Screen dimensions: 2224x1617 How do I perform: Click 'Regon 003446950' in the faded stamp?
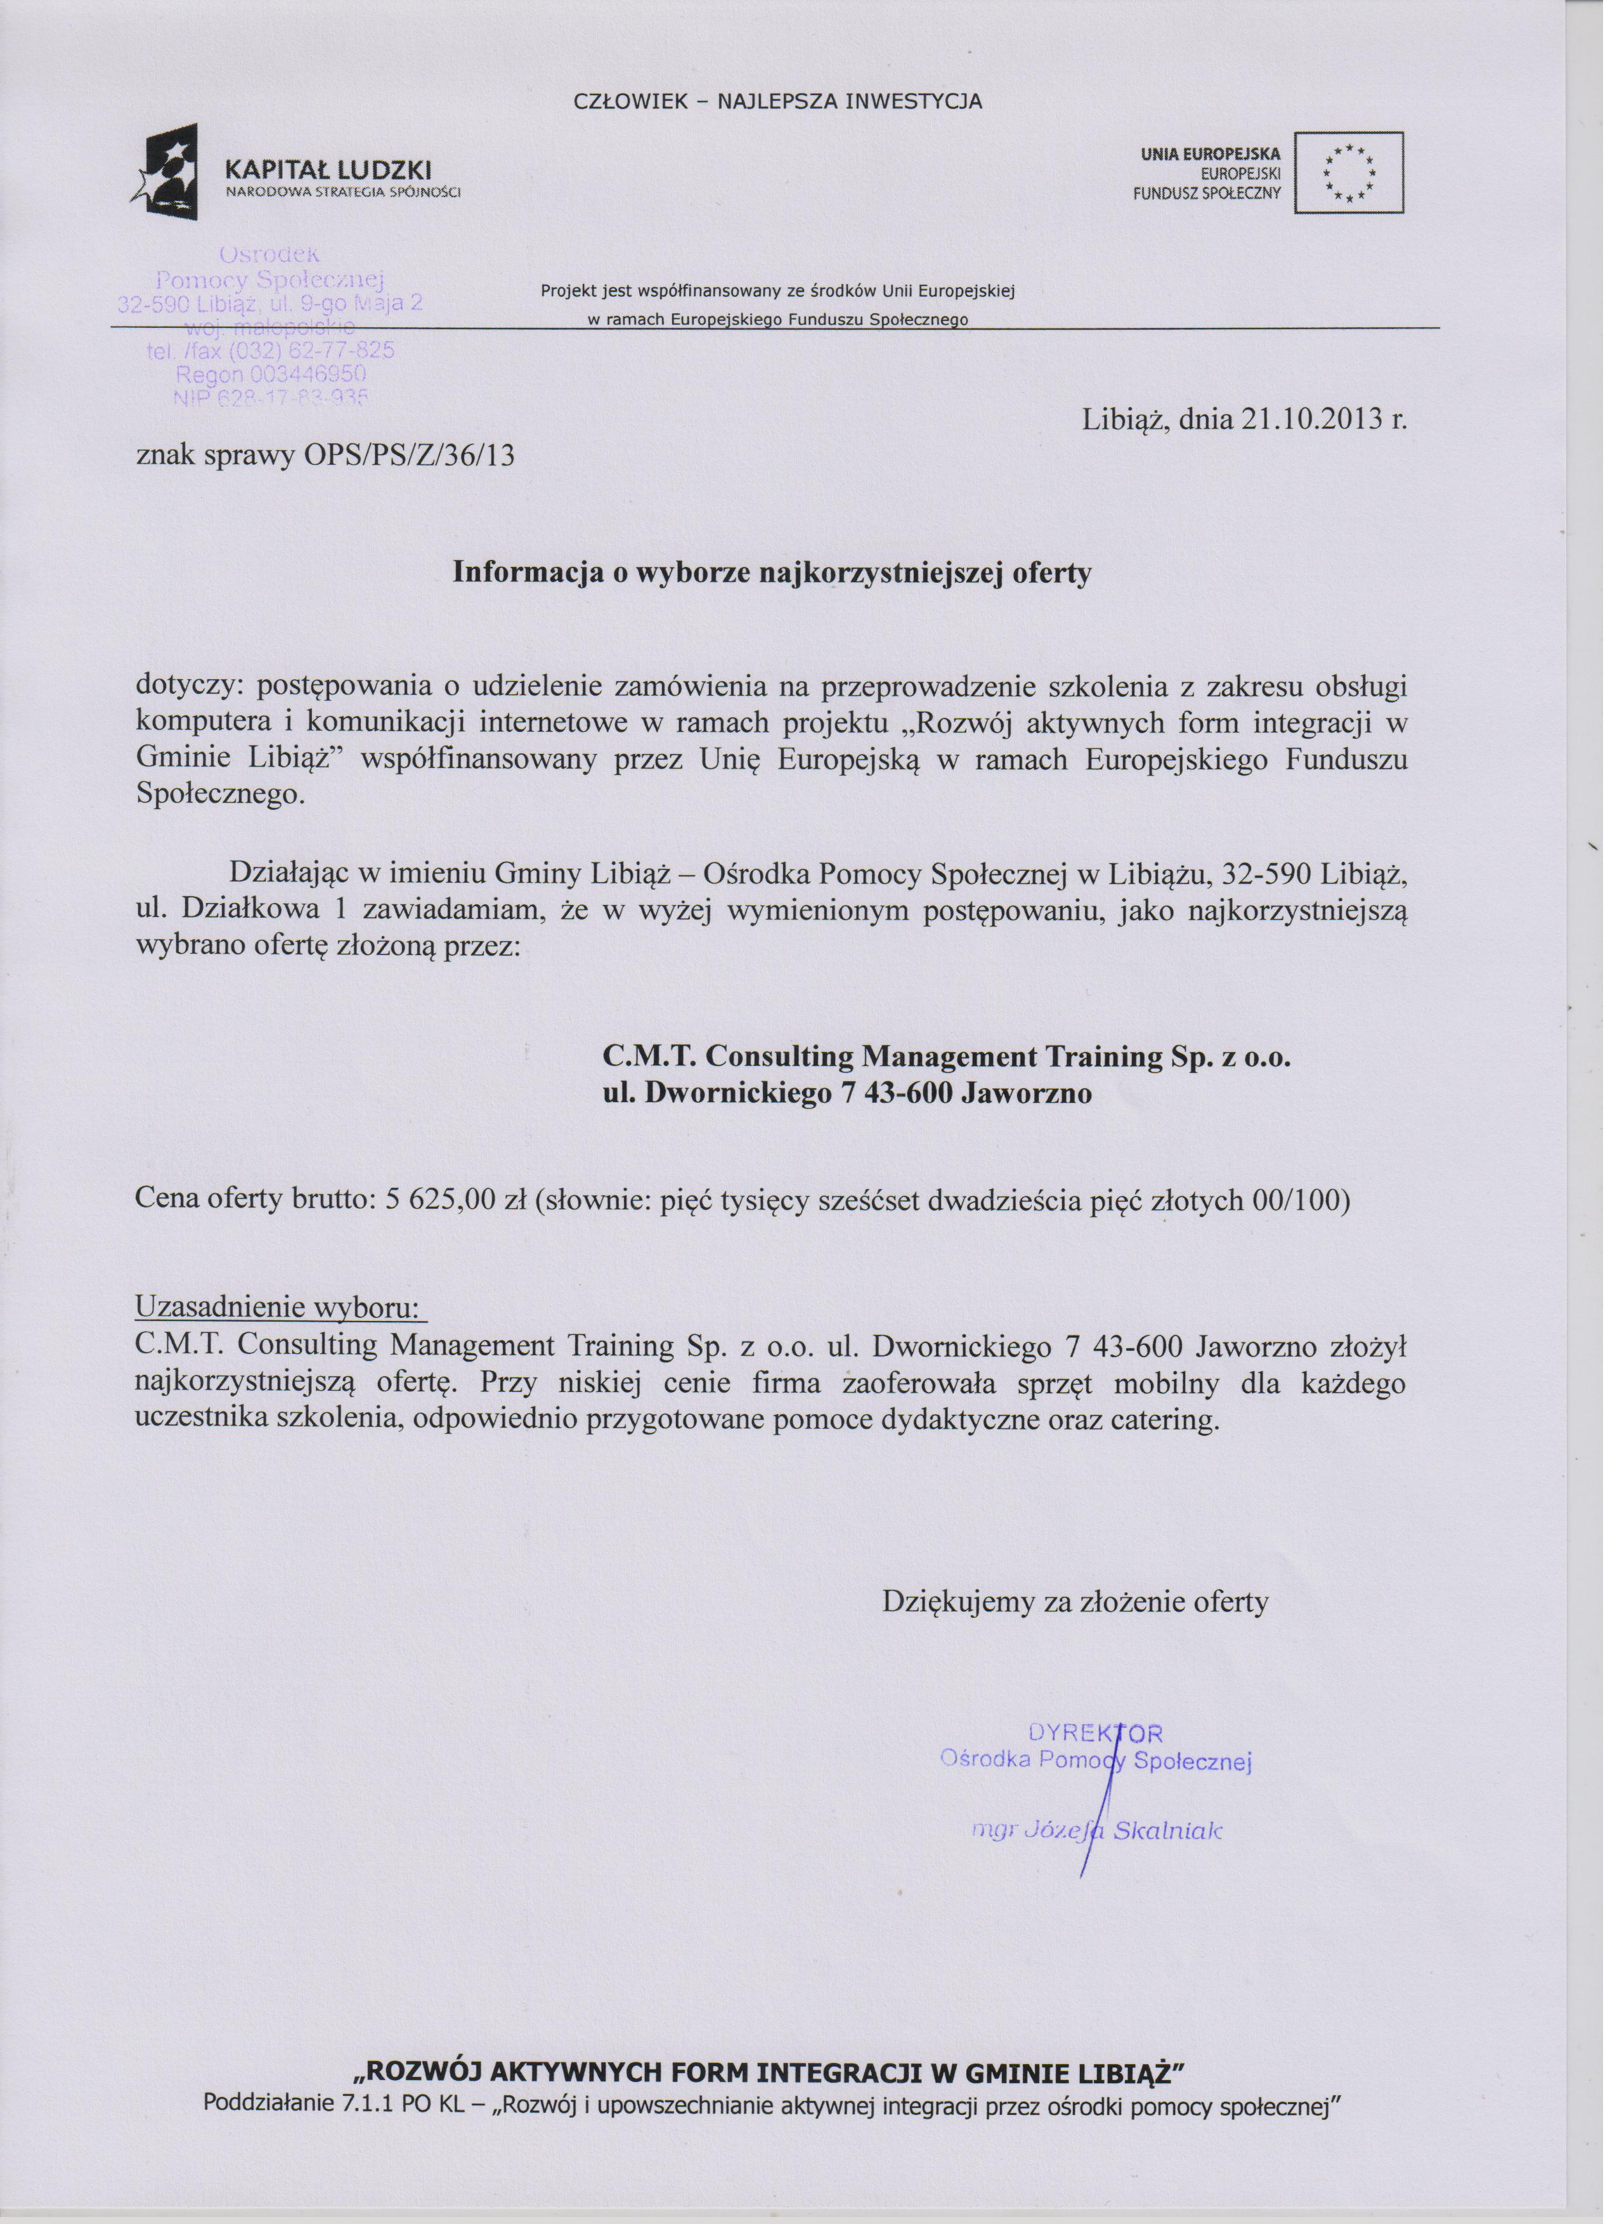[x=269, y=375]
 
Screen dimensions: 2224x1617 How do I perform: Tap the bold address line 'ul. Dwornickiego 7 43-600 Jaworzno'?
[x=847, y=1095]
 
